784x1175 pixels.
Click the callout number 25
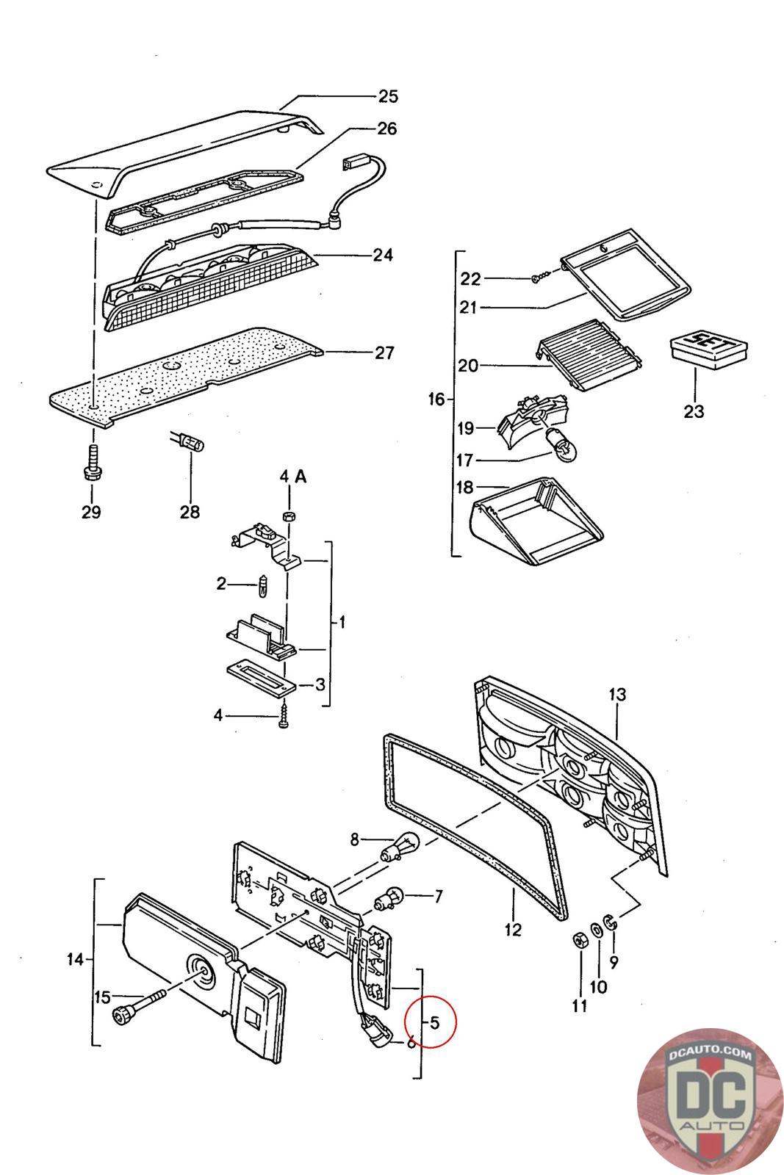tap(389, 96)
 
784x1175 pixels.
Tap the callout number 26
tap(387, 129)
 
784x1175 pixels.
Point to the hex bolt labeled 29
tap(93, 463)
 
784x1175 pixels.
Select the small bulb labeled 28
tap(187, 444)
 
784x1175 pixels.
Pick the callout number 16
tap(436, 399)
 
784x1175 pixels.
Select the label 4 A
tap(293, 477)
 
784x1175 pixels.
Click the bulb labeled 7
tap(389, 897)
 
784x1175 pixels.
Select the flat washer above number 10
tap(597, 930)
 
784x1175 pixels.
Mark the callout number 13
tap(617, 695)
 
